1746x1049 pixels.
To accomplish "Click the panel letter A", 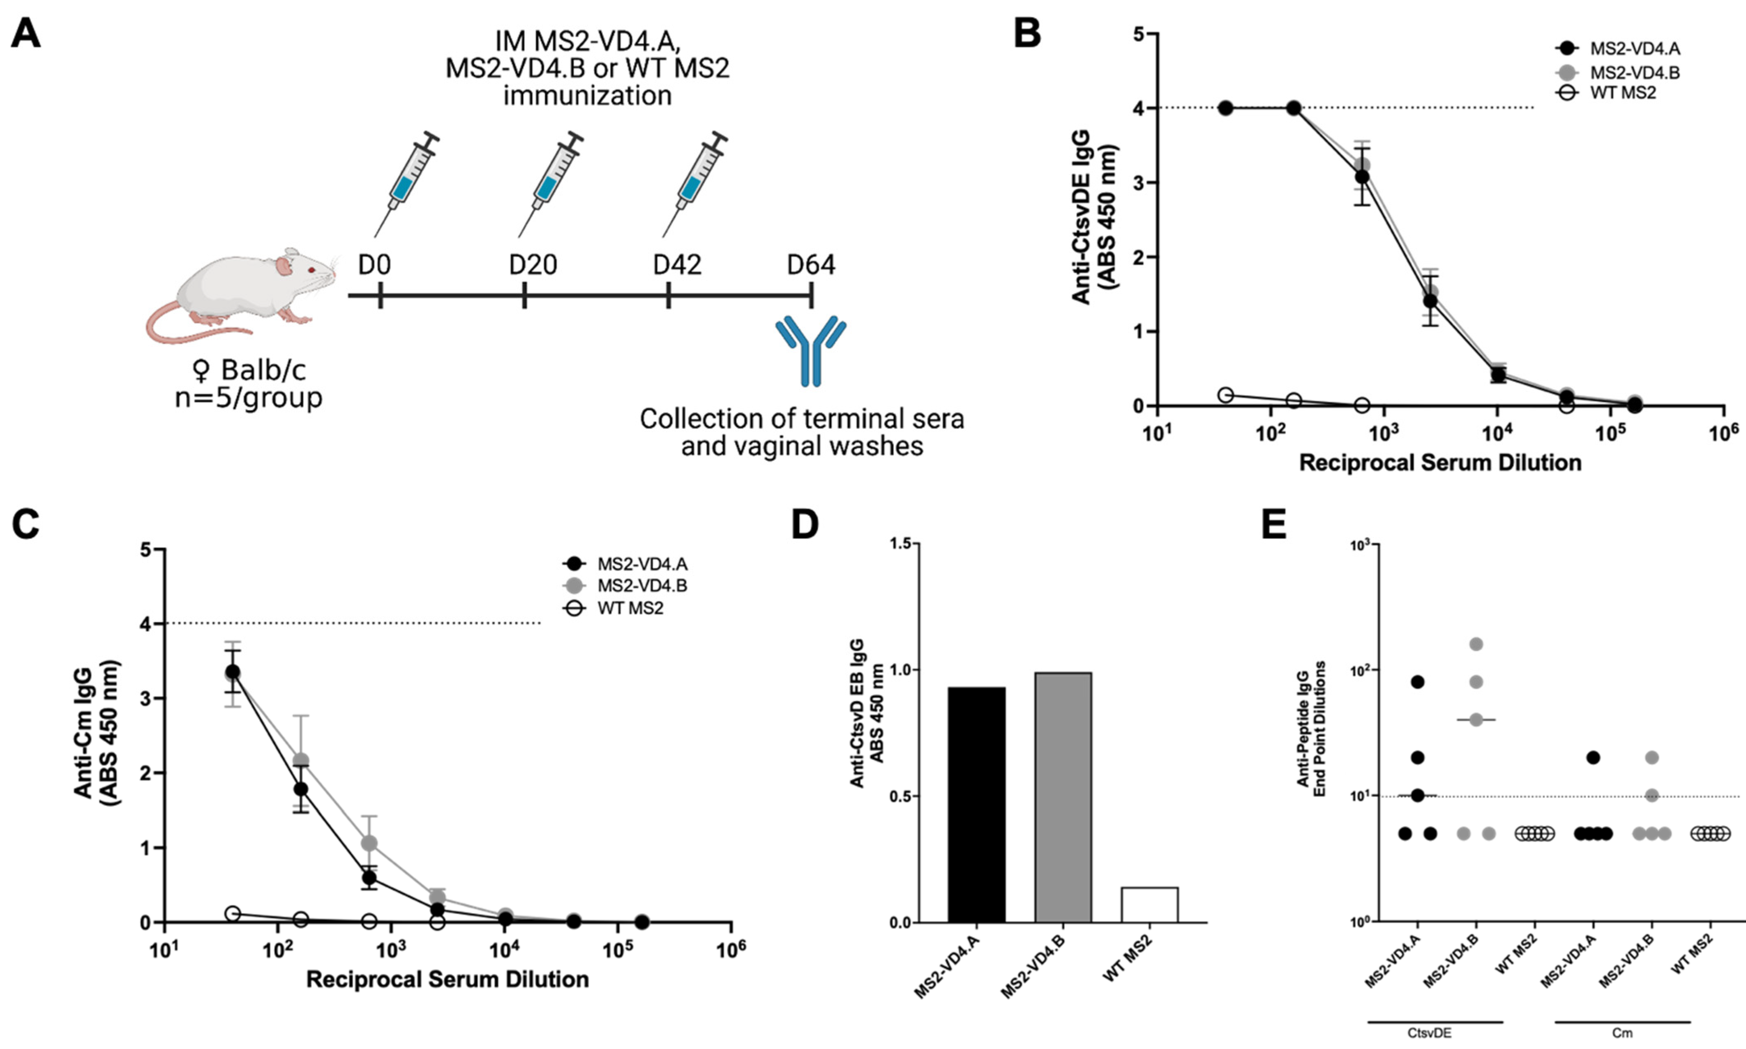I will pos(25,33).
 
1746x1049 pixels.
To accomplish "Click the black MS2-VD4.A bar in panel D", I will pos(977,805).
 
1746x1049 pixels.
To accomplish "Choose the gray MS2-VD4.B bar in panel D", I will pos(1063,797).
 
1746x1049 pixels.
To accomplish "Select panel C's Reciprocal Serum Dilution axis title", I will pos(447,979).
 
